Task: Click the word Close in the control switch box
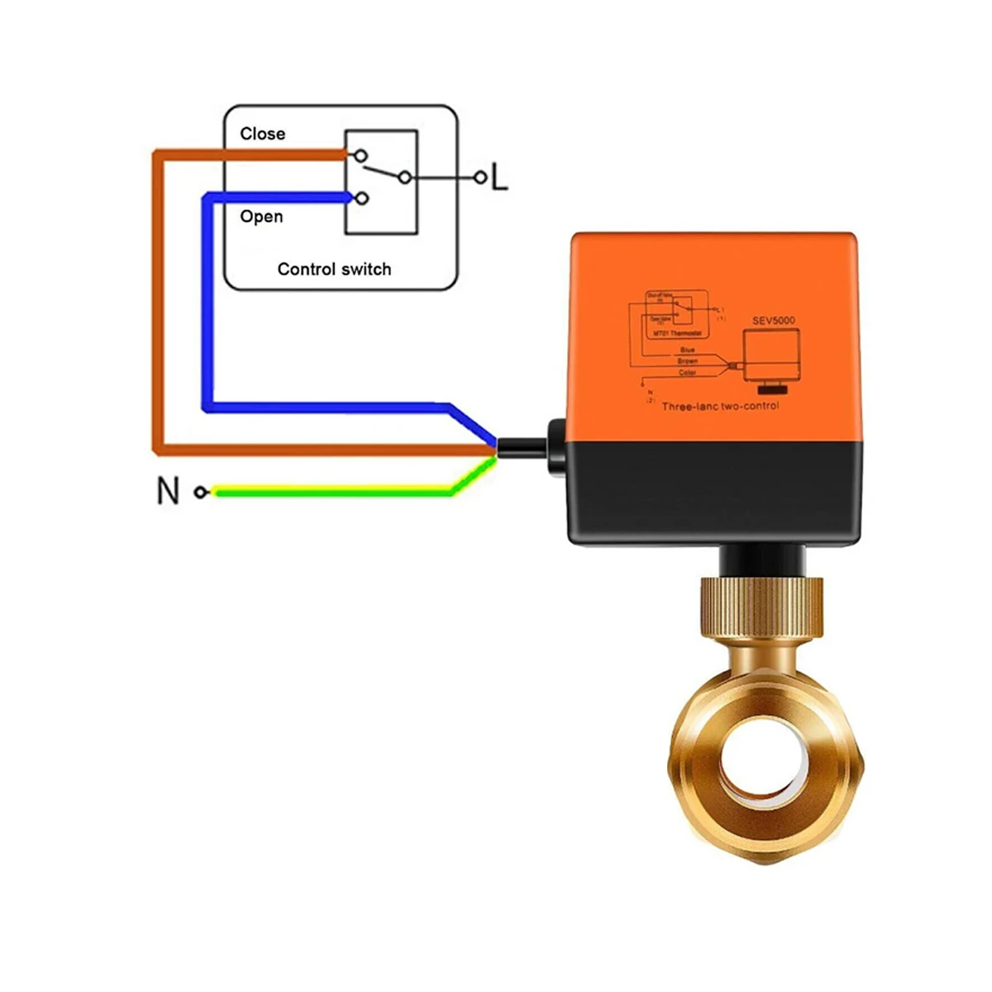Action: coord(262,134)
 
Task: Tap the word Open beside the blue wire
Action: coord(261,217)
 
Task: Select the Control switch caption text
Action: coord(334,269)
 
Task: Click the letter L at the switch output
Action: coord(499,177)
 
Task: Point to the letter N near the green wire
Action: coord(168,491)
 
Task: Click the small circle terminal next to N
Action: coord(201,492)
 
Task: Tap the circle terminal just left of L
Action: coord(479,177)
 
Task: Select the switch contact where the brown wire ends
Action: coord(360,155)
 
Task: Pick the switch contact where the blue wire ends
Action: coord(361,198)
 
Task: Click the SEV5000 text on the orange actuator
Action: coord(773,320)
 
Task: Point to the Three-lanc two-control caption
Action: coord(720,406)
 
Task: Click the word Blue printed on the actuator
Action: coord(688,350)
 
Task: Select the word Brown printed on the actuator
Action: coord(688,361)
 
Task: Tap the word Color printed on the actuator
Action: coord(688,373)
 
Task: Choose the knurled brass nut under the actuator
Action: coord(761,608)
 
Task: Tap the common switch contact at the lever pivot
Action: coord(404,177)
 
